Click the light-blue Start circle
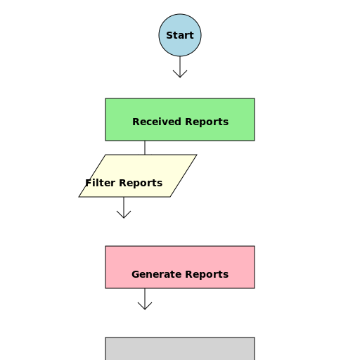tap(180, 35)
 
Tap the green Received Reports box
tap(180, 120)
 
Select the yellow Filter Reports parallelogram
tap(138, 176)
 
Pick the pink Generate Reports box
tap(180, 267)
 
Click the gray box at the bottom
tap(180, 349)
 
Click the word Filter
tap(100, 184)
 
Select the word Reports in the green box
tap(205, 122)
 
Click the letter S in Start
tap(169, 35)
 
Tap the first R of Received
tap(136, 122)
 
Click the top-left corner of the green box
tap(106, 99)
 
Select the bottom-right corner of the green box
tap(254, 140)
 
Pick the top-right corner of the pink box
tap(254, 247)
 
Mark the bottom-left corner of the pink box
tap(106, 288)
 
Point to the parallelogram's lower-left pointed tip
tap(80, 196)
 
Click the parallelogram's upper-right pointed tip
tap(195, 155)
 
